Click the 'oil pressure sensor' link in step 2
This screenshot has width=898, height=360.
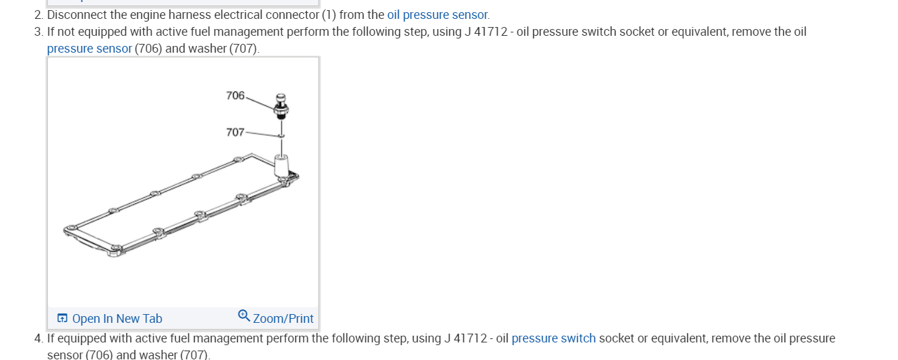(x=438, y=15)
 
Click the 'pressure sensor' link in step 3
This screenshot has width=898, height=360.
(x=89, y=49)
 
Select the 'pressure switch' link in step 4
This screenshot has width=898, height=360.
(x=553, y=338)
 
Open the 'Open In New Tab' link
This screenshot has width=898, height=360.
(x=117, y=319)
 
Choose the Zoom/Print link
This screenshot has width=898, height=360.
(x=283, y=319)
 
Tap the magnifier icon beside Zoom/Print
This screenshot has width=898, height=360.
(x=244, y=315)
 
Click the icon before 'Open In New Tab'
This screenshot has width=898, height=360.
(x=62, y=318)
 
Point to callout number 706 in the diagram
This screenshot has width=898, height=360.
(x=235, y=96)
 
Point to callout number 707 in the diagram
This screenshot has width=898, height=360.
(x=235, y=132)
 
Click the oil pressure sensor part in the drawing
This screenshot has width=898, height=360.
(x=281, y=106)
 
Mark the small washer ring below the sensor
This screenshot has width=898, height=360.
(x=281, y=136)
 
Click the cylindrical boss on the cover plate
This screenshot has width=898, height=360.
(x=281, y=165)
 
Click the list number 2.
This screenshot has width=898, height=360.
(x=38, y=15)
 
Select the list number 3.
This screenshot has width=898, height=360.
(x=38, y=32)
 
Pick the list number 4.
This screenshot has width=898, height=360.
(x=38, y=338)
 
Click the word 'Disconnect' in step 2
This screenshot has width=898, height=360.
(x=74, y=15)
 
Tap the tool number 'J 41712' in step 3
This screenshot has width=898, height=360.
(x=487, y=32)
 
